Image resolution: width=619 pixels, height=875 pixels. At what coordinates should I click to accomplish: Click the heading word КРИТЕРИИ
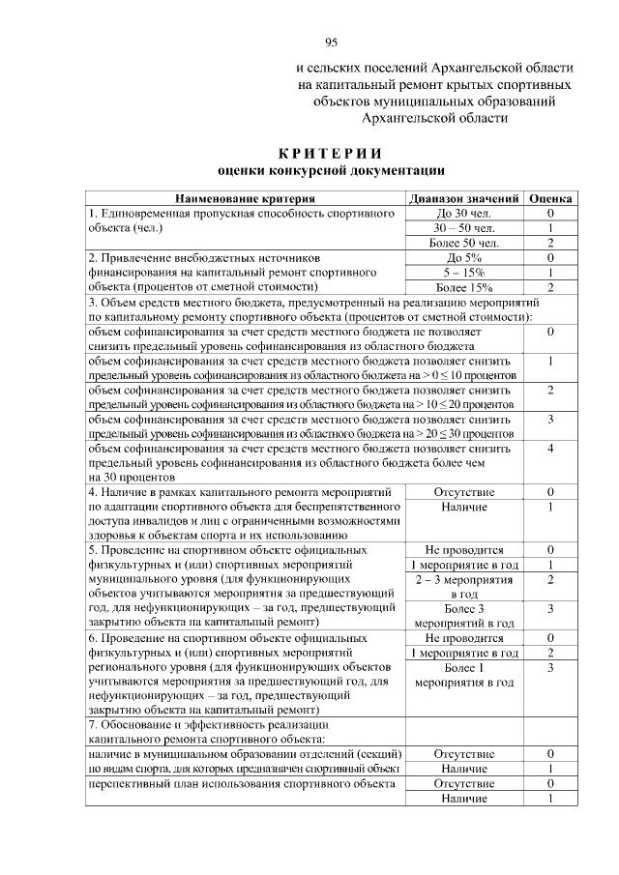pyautogui.click(x=330, y=154)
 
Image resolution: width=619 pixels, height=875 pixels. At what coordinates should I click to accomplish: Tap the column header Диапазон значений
pyautogui.click(x=463, y=198)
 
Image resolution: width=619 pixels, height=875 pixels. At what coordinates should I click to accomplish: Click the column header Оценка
pyautogui.click(x=549, y=198)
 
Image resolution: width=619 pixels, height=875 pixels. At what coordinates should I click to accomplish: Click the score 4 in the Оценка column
pyautogui.click(x=549, y=449)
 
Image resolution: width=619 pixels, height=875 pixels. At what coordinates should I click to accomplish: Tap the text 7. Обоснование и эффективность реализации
pyautogui.click(x=209, y=724)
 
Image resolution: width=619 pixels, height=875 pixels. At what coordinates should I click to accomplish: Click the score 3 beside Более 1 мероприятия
pyautogui.click(x=549, y=668)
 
